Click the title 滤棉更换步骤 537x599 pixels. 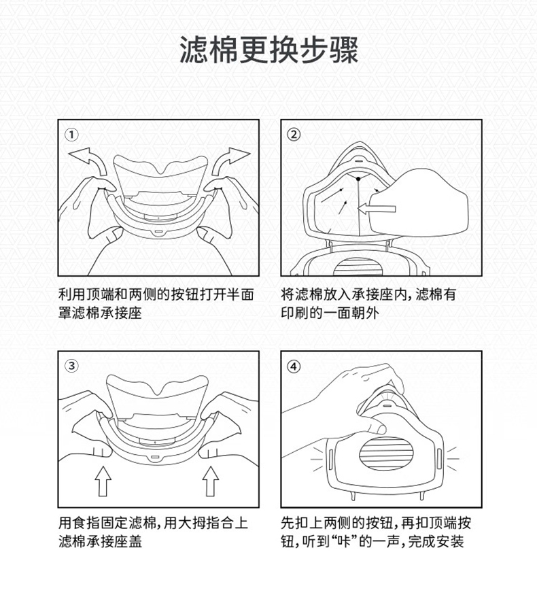click(268, 51)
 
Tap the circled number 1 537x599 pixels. click(71, 133)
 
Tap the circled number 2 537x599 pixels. click(294, 133)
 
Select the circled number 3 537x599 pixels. click(71, 365)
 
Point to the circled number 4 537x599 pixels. click(294, 365)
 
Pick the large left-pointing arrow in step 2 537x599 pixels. click(381, 207)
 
